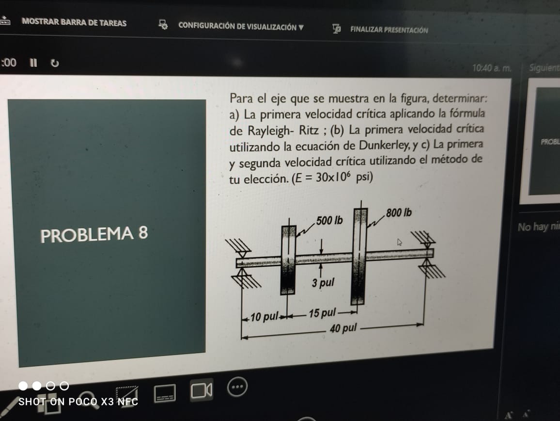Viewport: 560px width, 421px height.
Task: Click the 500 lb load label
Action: [x=329, y=221]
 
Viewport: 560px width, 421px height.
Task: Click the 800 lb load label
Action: [x=398, y=213]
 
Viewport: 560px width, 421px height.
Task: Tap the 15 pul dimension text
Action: [x=322, y=312]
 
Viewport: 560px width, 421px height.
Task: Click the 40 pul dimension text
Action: [x=342, y=329]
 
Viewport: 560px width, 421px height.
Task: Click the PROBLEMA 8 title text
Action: [x=94, y=235]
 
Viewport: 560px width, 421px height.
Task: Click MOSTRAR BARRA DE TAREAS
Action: [x=74, y=23]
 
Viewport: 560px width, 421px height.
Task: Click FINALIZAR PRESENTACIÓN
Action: [x=389, y=30]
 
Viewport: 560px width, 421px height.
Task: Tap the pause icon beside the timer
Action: [x=33, y=63]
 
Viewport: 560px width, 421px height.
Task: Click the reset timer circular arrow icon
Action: [x=55, y=63]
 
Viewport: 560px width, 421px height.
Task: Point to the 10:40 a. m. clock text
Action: [x=491, y=68]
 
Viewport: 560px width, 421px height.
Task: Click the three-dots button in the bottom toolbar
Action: [x=237, y=387]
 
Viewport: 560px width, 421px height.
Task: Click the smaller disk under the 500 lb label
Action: [x=288, y=259]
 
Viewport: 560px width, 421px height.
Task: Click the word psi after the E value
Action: [x=364, y=177]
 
